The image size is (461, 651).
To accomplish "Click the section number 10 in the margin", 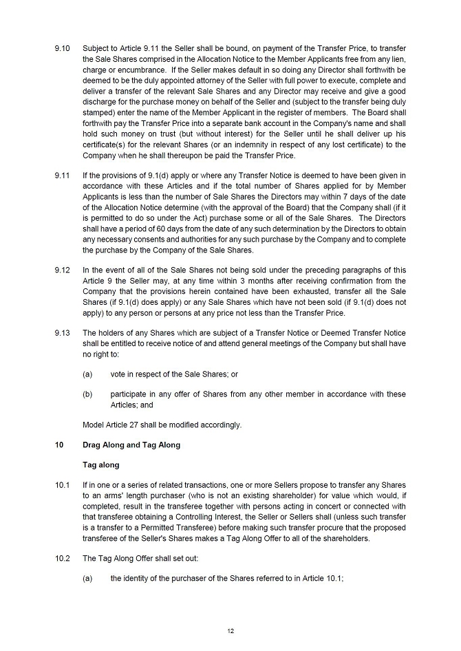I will pos(59,445).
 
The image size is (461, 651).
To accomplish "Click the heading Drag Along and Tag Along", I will pos(131,445).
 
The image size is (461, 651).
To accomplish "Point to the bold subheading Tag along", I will pos(100,465).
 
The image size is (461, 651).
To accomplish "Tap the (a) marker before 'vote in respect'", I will pos(87,374).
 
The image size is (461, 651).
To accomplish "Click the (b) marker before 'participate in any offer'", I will pos(87,394).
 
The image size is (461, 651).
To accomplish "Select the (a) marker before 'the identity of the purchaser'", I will pos(87,579).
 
